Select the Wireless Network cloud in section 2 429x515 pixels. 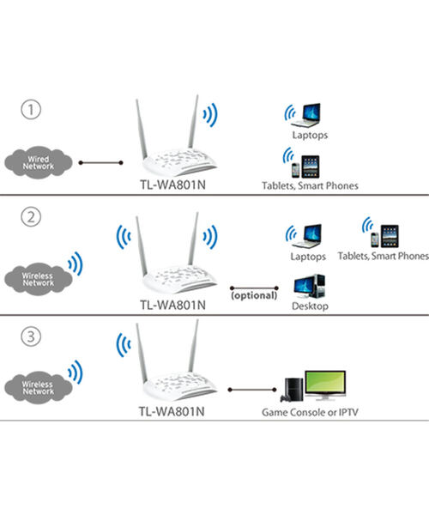pos(38,279)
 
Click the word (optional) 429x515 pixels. pos(253,295)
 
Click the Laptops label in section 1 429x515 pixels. pos(309,135)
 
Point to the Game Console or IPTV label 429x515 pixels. pos(311,412)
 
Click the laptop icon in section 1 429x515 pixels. pos(309,113)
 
